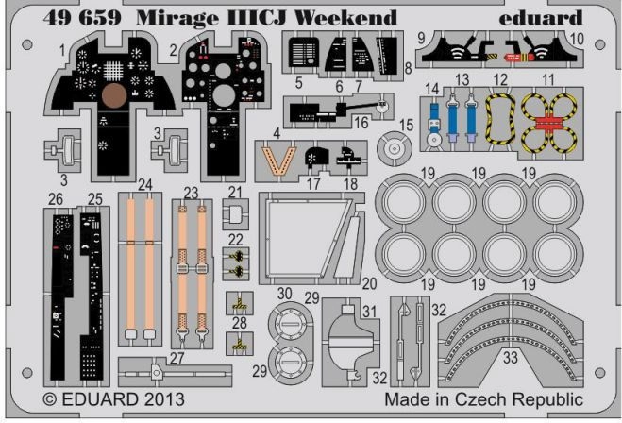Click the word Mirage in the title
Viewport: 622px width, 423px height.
[x=177, y=18]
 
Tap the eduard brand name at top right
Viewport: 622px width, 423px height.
[x=541, y=17]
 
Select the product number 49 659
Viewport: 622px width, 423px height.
[x=82, y=17]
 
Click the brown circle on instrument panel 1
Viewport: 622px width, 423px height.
[x=114, y=95]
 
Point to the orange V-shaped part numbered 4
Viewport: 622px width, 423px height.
[x=278, y=161]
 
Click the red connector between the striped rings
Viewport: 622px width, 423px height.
[x=549, y=125]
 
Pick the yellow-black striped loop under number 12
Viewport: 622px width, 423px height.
[x=500, y=119]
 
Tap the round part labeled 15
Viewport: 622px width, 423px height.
[x=394, y=148]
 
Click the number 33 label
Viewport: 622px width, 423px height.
[x=511, y=358]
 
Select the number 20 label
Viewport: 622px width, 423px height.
[x=369, y=283]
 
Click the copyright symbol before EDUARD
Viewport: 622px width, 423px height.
[x=50, y=399]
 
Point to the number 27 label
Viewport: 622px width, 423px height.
[x=177, y=358]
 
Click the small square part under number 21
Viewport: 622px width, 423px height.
[x=235, y=214]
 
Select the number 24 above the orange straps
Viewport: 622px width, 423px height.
[x=145, y=184]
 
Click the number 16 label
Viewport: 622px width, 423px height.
[x=361, y=123]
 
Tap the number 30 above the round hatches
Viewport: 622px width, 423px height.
[x=285, y=294]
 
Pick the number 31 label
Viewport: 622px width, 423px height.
[x=369, y=311]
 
